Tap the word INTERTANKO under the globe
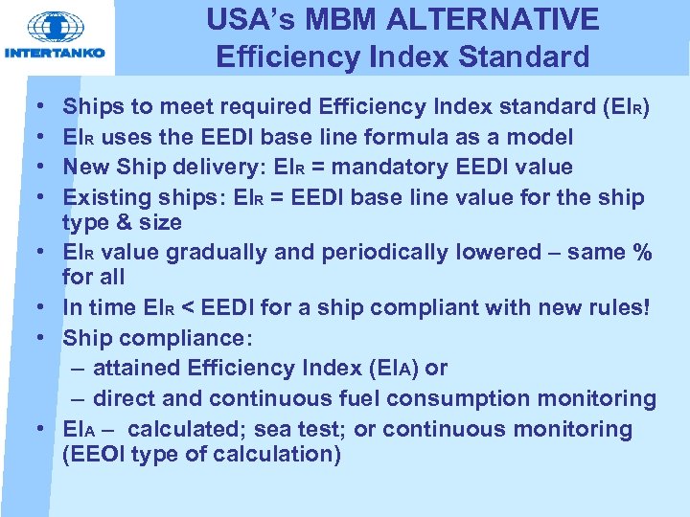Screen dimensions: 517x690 click(x=56, y=54)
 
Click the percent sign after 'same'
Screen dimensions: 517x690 click(x=642, y=253)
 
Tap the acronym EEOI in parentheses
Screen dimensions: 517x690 click(x=101, y=454)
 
